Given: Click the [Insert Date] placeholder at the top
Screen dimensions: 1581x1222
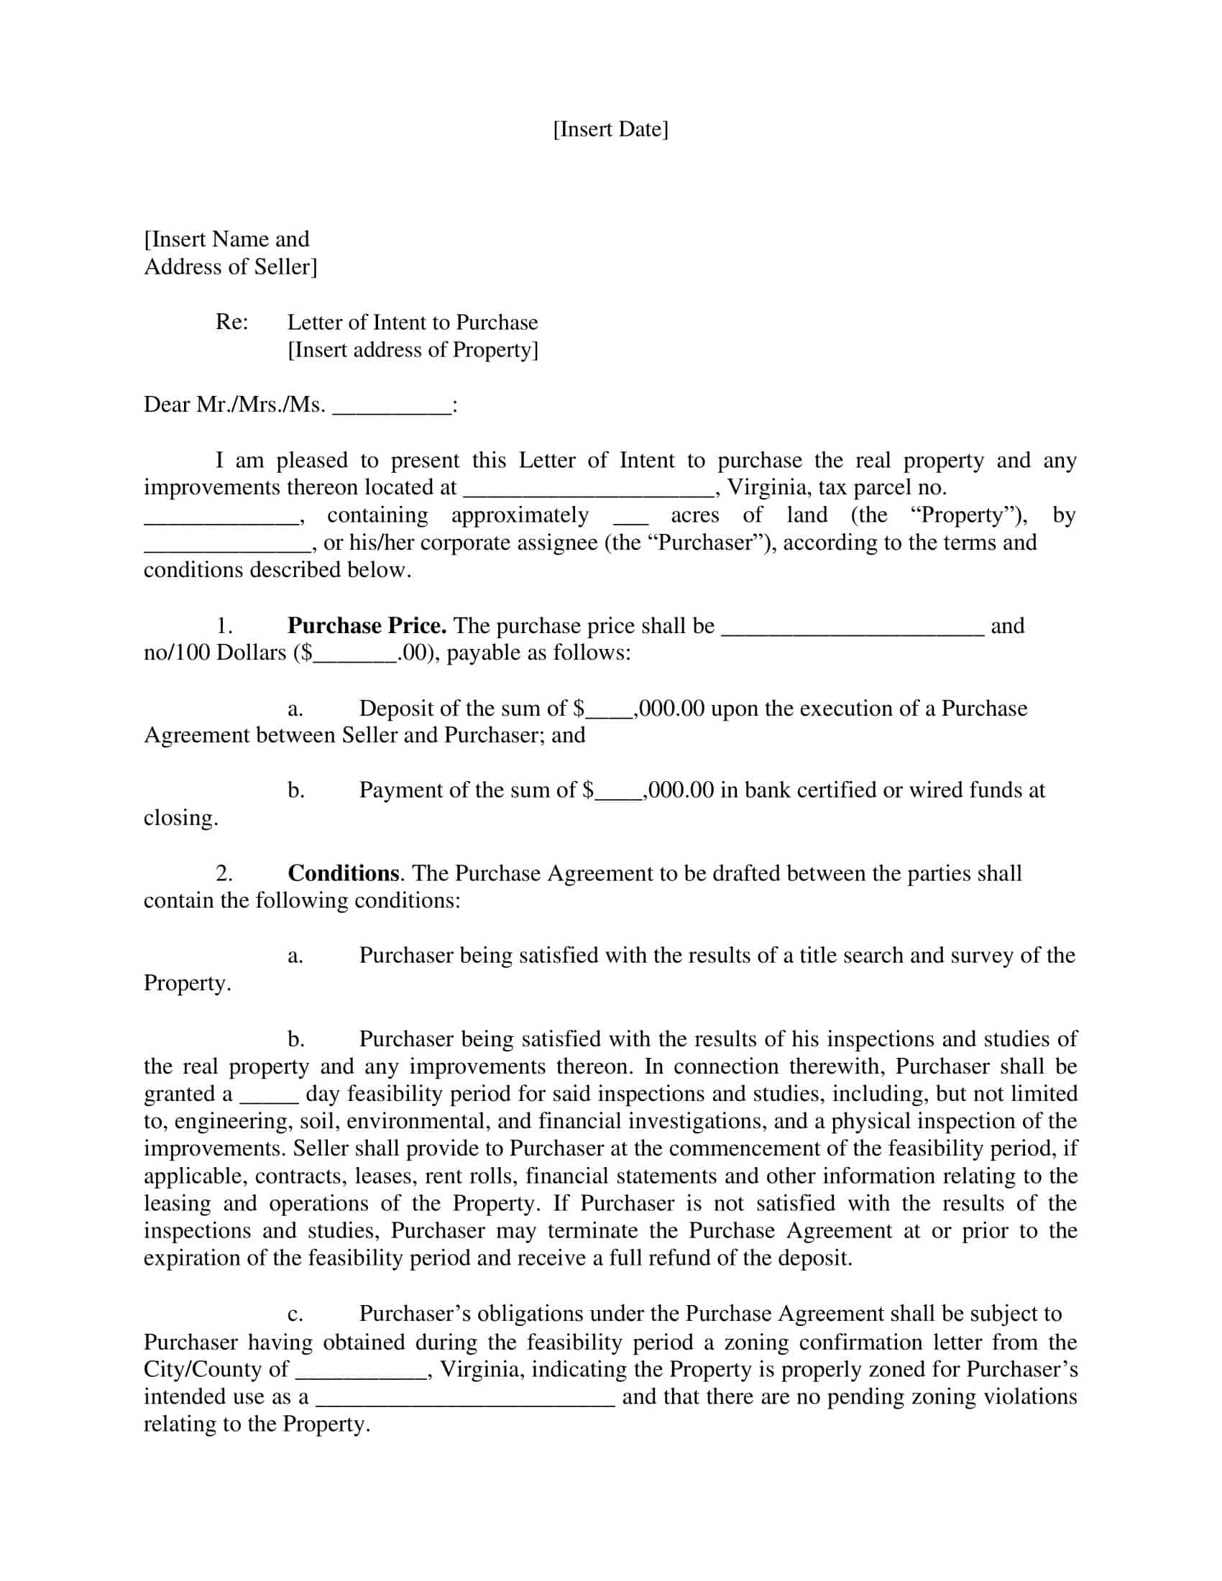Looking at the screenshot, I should pos(610,129).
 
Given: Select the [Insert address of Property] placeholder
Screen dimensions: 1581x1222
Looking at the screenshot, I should pos(413,351).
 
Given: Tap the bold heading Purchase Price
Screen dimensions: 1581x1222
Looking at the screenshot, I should pos(367,625).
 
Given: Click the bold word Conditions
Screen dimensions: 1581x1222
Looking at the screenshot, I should pos(343,873).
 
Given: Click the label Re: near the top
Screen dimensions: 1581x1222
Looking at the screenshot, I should pos(231,322).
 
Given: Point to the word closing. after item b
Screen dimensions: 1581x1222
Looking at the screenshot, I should pos(181,818).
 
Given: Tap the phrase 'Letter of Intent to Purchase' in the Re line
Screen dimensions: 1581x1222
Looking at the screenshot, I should pos(413,323).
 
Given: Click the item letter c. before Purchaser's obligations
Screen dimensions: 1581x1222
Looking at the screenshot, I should pos(295,1314).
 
